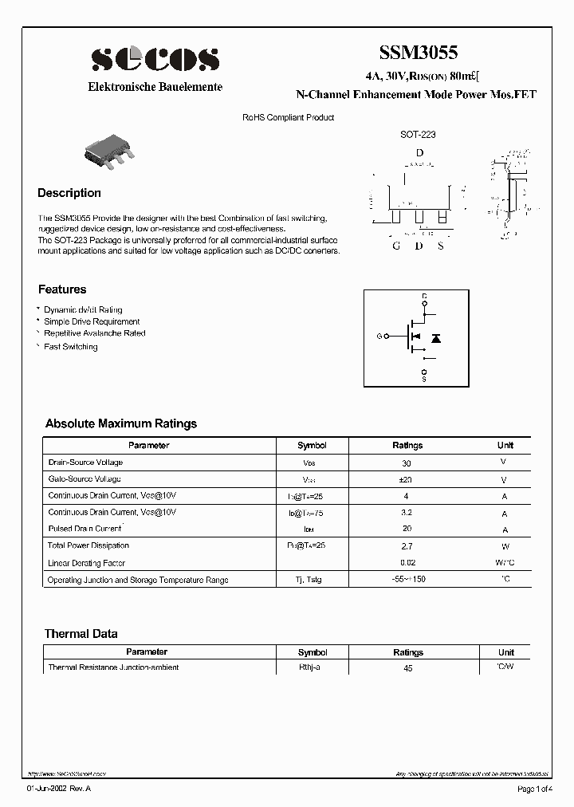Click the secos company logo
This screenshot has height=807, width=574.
(155, 60)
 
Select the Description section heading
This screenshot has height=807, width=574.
(69, 193)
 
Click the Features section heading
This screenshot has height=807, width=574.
(62, 289)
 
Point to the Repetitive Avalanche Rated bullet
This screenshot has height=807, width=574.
(94, 333)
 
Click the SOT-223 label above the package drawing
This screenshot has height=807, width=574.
(418, 135)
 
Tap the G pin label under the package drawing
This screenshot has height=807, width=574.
(396, 245)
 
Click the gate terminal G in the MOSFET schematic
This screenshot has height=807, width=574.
(379, 337)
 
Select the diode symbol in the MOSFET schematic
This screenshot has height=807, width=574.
(436, 338)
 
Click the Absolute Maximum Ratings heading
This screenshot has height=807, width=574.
(121, 423)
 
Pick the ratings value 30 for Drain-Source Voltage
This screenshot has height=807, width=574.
(407, 463)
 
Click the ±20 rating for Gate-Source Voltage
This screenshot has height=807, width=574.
(407, 480)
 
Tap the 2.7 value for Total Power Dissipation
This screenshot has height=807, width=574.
(407, 547)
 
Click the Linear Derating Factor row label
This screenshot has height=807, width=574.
(88, 563)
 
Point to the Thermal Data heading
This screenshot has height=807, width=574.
(81, 634)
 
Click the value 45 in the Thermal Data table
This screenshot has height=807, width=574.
(407, 668)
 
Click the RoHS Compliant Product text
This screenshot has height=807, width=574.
(288, 117)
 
